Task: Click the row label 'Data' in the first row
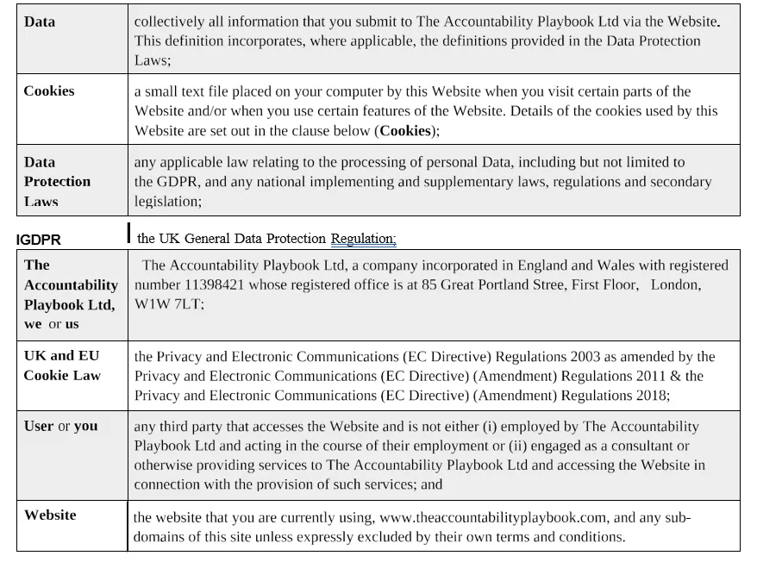pos(40,22)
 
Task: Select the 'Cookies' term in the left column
pos(49,91)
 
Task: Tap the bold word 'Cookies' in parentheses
pos(404,131)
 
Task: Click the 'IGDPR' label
pos(39,240)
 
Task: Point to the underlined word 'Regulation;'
pos(363,239)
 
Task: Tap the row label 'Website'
pos(50,515)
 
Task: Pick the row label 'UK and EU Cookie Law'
pos(62,365)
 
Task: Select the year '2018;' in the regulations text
pos(650,396)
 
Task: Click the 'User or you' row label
pos(61,427)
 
